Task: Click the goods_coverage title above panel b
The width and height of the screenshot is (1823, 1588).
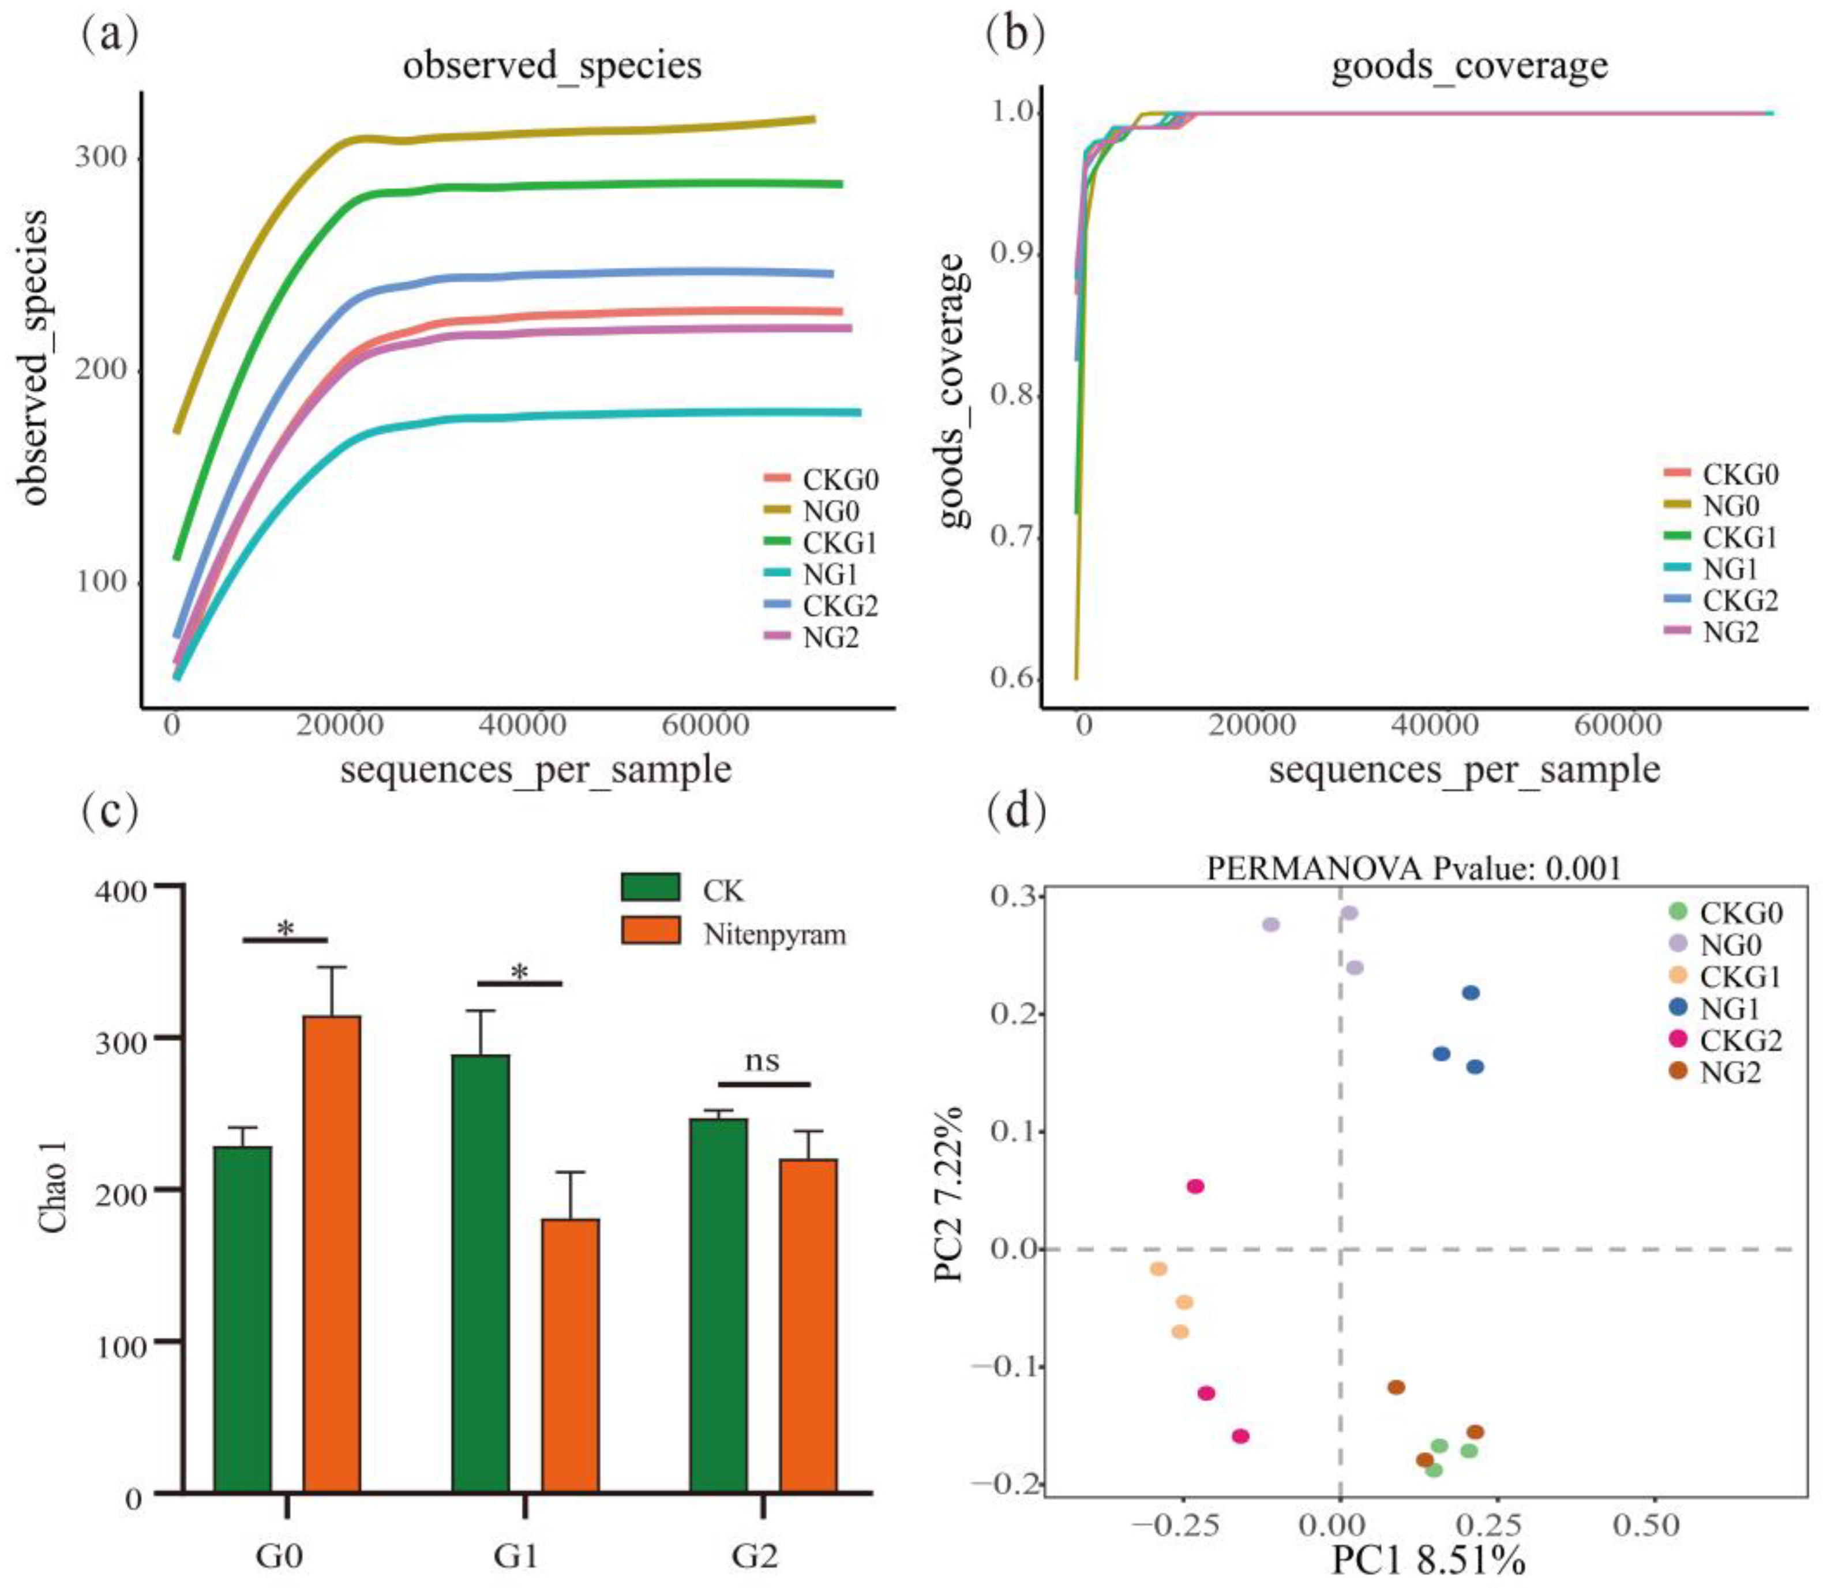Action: click(1469, 66)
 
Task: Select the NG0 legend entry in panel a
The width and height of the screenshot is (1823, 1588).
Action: click(830, 511)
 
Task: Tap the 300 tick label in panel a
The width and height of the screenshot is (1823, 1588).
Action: click(101, 157)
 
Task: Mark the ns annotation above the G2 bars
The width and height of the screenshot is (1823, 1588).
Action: click(762, 1061)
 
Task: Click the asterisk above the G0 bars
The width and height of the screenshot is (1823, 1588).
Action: click(286, 930)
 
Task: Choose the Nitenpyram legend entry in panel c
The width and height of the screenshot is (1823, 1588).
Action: click(773, 935)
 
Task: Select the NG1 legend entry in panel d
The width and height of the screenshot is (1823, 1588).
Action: click(1729, 1008)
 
